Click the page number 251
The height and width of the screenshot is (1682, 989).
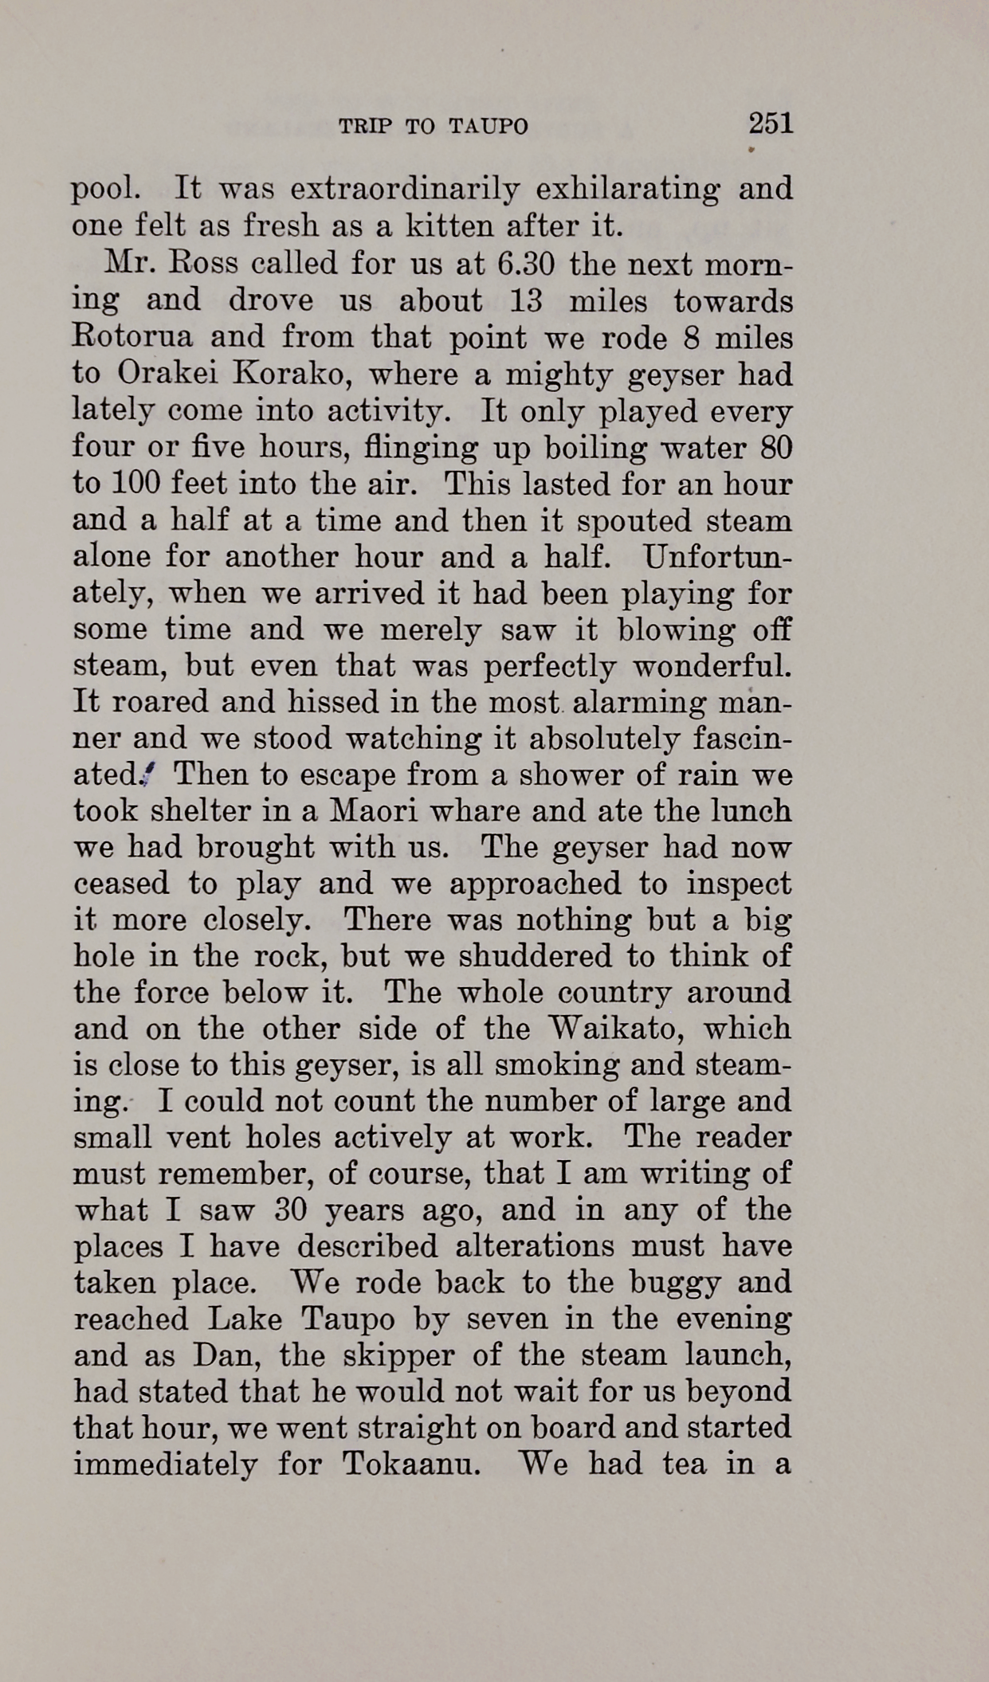(x=771, y=124)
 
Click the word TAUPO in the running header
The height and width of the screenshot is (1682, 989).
(x=488, y=127)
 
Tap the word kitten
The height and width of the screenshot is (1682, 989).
(x=450, y=226)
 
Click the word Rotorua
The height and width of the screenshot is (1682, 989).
(x=132, y=336)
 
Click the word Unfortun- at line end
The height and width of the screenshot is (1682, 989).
(x=718, y=556)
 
